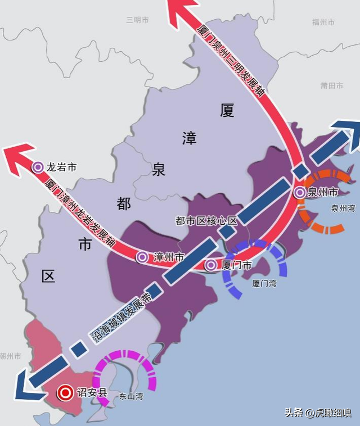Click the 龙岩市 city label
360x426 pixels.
tap(62, 167)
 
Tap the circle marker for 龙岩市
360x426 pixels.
tap(38, 167)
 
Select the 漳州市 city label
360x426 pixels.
tap(168, 257)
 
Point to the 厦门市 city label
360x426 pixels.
tap(236, 265)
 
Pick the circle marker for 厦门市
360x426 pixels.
tap(211, 265)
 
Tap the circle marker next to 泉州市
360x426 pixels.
tap(300, 193)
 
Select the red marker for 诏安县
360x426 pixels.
tap(65, 393)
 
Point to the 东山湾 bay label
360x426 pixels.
tap(130, 397)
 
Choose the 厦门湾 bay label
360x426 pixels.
tap(264, 284)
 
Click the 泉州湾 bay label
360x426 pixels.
tap(343, 209)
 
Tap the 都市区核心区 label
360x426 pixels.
tap(207, 221)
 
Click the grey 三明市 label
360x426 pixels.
tap(137, 20)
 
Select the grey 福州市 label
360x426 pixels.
tap(323, 22)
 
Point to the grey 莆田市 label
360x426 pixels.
tap(332, 85)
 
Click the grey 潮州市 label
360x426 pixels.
tap(10, 356)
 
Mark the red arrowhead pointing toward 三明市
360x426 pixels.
tap(181, 10)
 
